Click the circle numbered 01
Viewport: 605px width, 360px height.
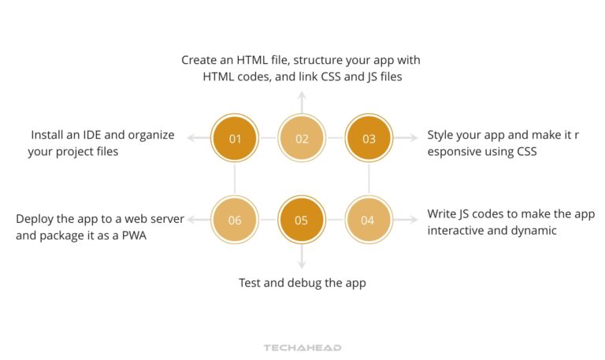(x=235, y=139)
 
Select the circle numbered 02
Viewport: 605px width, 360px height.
(x=302, y=139)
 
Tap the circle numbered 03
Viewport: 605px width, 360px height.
(x=369, y=139)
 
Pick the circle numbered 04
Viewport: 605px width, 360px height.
(x=368, y=220)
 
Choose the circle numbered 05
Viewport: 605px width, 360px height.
(x=302, y=220)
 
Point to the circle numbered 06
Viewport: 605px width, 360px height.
(x=235, y=220)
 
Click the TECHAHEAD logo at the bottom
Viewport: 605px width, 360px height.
(x=302, y=347)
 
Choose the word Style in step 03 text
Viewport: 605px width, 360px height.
(x=443, y=135)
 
